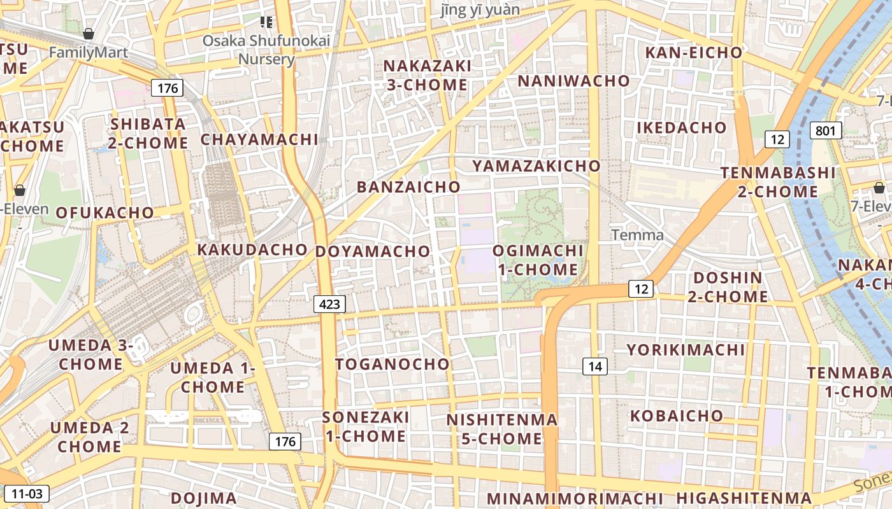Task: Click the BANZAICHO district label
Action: pos(408,187)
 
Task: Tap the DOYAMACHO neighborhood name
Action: pos(373,251)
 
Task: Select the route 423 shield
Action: pos(329,304)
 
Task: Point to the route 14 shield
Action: pos(594,366)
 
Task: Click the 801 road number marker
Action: pos(826,131)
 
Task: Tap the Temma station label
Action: pos(637,235)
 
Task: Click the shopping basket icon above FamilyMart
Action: pos(89,33)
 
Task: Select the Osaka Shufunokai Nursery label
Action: pos(266,50)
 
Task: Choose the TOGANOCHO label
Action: pos(392,365)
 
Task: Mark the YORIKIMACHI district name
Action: pos(686,350)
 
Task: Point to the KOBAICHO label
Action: pos(677,416)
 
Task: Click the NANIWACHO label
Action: pos(573,81)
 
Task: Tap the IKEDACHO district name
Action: pos(681,128)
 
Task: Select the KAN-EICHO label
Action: pos(694,53)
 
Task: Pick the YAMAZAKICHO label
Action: pos(536,166)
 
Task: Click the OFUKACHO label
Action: pos(105,213)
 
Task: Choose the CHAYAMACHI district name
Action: pos(259,139)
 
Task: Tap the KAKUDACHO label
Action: pos(252,249)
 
